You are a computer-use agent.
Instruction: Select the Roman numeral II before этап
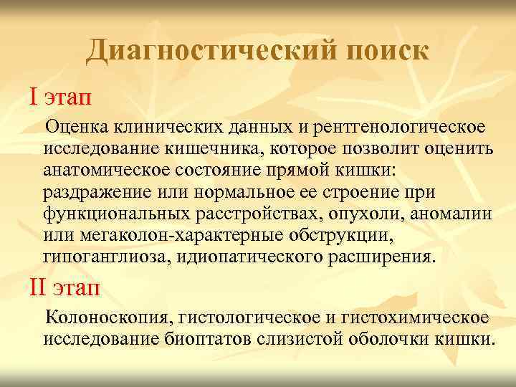37,287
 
